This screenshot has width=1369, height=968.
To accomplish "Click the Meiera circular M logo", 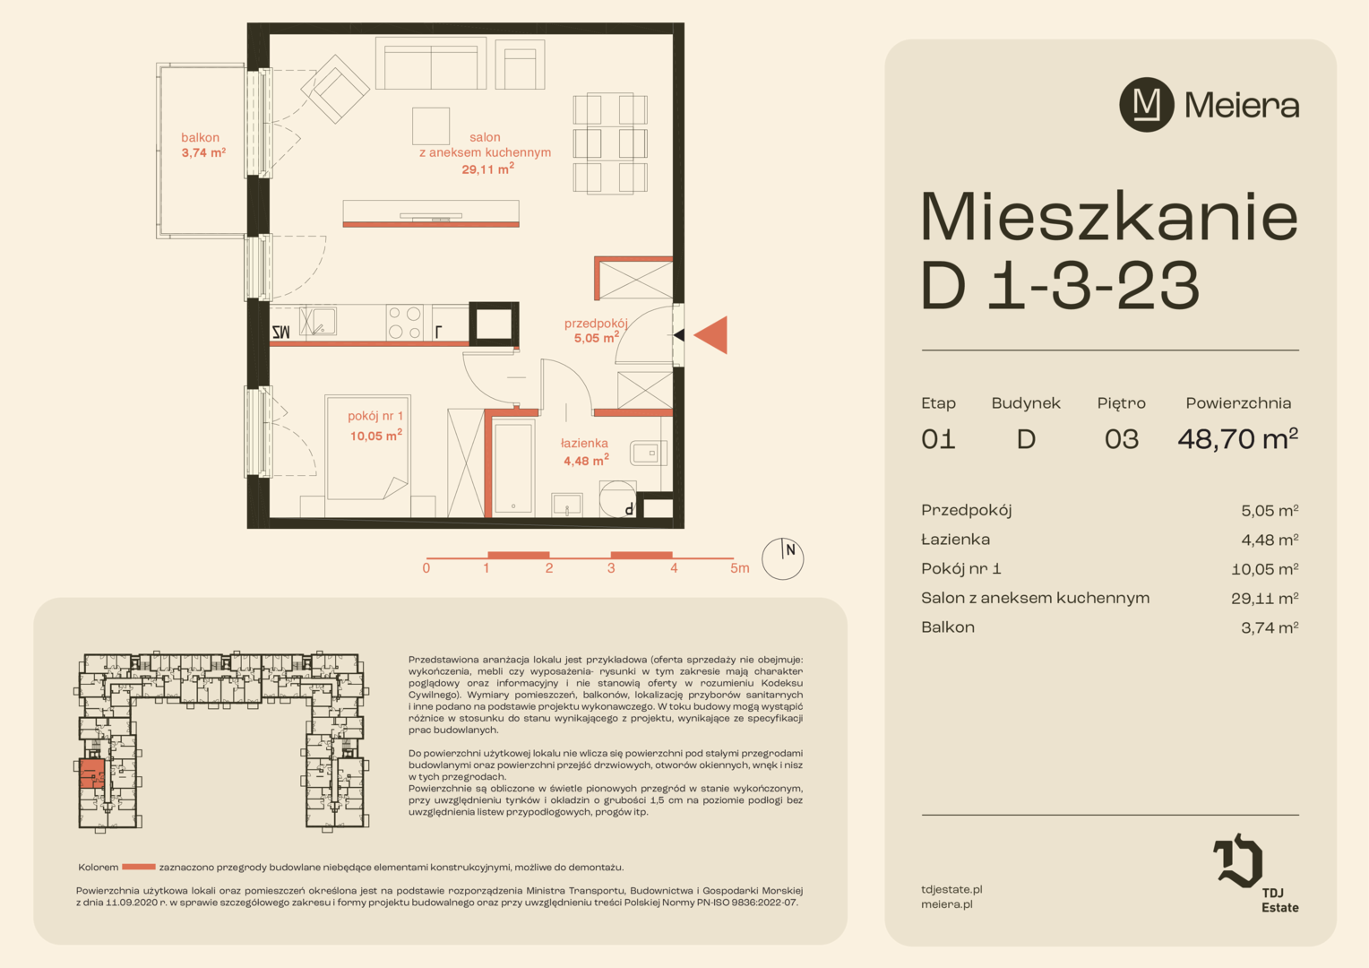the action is pos(1146,105).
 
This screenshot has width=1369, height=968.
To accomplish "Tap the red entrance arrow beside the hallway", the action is pos(710,335).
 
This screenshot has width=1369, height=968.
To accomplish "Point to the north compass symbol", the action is pos(782,559).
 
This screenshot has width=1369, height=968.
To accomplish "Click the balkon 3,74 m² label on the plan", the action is pos(203,145).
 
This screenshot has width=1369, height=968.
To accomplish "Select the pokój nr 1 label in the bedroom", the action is pos(375,426).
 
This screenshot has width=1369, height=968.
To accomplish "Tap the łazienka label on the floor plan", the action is pos(585,451).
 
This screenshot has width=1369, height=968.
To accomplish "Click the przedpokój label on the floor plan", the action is pos(595,330).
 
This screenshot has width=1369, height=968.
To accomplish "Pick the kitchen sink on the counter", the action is pos(318,321).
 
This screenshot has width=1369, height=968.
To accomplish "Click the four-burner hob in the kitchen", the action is pos(405,323).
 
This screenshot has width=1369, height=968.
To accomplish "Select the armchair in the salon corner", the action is pos(335,90).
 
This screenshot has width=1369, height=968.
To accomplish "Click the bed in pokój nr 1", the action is pos(368,447).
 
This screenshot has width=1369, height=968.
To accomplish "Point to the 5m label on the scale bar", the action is pos(739,568).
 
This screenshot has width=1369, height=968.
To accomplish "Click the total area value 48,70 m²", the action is pos(1237,438).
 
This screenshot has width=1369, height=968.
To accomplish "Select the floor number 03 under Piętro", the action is pos(1122,439).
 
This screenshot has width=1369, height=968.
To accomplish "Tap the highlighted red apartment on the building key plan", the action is pos(92,773).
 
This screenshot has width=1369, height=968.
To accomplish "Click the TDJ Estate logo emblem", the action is pos(1238,860).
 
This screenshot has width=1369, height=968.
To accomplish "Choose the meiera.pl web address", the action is pos(947,904).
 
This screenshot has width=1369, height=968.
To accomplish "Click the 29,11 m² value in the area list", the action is pos(1264,598).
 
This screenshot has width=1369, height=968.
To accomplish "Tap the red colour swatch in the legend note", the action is pos(139,867).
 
